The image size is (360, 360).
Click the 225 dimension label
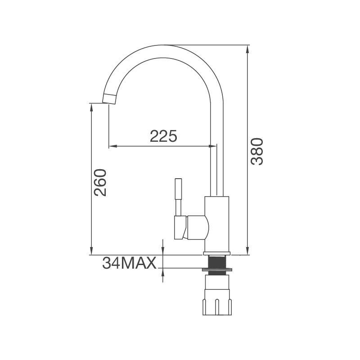pos(163,136)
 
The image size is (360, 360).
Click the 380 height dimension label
pos(256,151)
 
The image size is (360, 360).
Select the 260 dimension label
pos(100,183)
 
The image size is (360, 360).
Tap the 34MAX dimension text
pos(129,263)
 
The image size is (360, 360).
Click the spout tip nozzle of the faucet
pos(109,99)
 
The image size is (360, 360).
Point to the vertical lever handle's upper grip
pos(178,189)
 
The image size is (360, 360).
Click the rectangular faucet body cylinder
pos(217,224)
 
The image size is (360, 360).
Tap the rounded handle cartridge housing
pos(198,228)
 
